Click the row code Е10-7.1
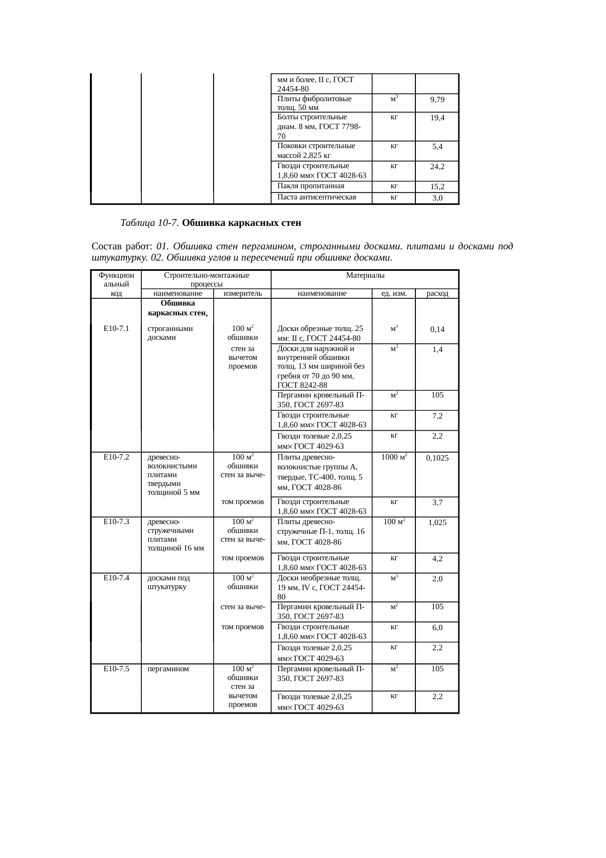[x=116, y=329]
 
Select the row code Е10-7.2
[x=116, y=457]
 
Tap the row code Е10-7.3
[x=116, y=522]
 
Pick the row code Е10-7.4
[x=116, y=578]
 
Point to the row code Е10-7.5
[x=116, y=669]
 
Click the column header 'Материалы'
[x=365, y=276]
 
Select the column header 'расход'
[x=437, y=294]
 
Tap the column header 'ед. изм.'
[x=394, y=294]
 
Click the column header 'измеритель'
[x=242, y=294]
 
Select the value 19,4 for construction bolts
[x=437, y=119]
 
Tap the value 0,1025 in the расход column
[x=437, y=458]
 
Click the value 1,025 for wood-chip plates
[x=437, y=523]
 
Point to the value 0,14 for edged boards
[x=437, y=330]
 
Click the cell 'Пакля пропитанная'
[x=311, y=186]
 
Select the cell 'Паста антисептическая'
[x=316, y=198]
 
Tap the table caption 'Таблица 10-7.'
[x=150, y=223]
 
